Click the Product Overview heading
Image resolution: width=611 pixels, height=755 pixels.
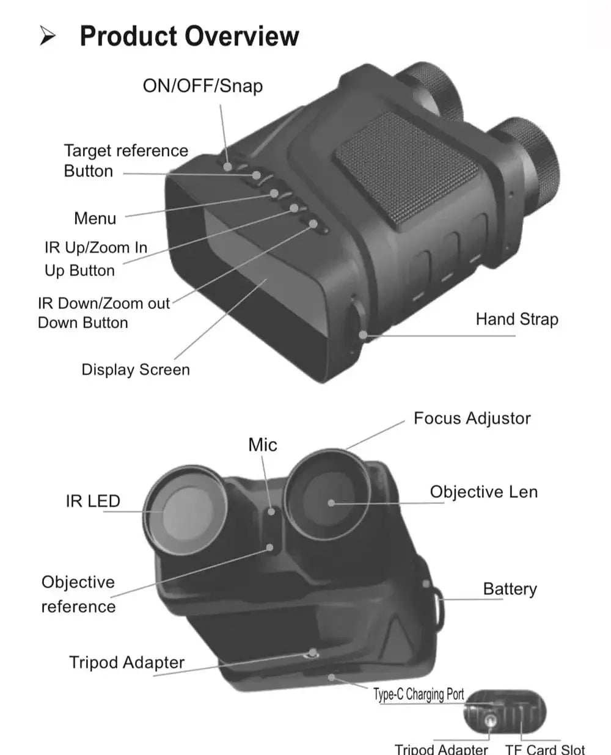[189, 36]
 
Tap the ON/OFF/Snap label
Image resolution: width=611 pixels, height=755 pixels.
[202, 86]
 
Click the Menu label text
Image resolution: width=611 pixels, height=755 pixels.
[95, 218]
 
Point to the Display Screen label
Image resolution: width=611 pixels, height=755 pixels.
[136, 370]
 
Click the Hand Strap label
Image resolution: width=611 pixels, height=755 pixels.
[517, 319]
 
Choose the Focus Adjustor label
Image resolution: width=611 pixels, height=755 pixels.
[472, 418]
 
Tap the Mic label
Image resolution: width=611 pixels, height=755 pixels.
[262, 445]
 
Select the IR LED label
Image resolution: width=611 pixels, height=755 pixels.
[93, 502]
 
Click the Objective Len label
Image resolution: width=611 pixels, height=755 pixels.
[483, 492]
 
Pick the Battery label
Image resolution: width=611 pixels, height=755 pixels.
[510, 589]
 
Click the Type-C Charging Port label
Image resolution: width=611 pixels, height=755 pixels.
[419, 695]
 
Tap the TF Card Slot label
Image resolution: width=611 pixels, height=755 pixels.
[544, 749]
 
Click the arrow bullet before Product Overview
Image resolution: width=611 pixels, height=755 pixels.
[48, 37]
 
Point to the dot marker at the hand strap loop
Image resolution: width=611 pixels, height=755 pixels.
[363, 335]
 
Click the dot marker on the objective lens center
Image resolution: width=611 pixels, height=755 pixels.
[331, 503]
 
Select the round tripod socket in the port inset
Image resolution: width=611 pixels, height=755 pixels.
[489, 721]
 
